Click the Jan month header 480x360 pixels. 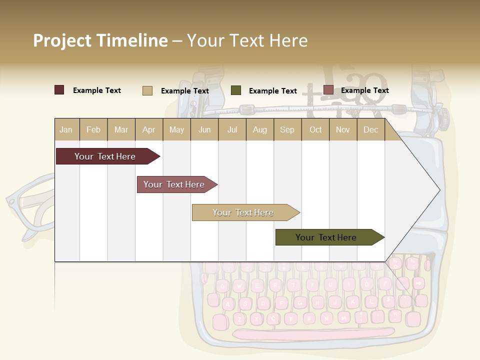[66, 129]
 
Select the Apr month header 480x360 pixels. [148, 129]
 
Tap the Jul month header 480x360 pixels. [232, 129]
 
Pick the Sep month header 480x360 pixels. [287, 129]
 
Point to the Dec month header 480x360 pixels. [370, 129]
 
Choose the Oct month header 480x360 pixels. [315, 129]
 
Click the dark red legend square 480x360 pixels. [59, 90]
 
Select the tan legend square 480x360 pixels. [147, 90]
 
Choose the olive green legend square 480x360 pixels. [235, 90]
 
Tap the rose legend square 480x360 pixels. [328, 90]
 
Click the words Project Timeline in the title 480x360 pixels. [100, 40]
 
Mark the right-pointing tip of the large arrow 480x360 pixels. [438, 189]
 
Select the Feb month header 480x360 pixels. [93, 129]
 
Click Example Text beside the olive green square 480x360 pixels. [272, 91]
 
